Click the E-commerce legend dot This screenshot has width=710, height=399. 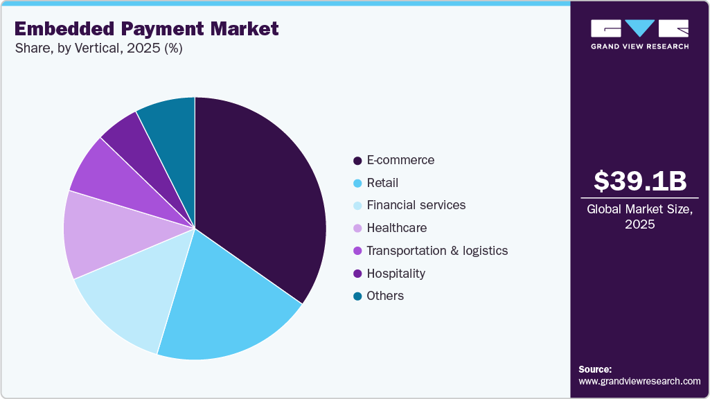point(357,161)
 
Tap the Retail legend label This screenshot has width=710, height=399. point(382,183)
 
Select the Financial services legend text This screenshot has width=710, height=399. point(416,205)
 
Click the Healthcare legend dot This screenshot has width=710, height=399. point(357,229)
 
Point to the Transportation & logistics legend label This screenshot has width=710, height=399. point(437,251)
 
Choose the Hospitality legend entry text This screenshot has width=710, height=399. point(396,273)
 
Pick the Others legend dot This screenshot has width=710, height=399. point(357,296)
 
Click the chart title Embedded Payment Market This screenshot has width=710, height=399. point(146,29)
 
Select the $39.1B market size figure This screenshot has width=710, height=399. point(639,181)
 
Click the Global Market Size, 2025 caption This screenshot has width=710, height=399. point(639,216)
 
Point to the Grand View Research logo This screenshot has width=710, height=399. point(639,34)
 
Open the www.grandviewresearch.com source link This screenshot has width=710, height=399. point(639,382)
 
